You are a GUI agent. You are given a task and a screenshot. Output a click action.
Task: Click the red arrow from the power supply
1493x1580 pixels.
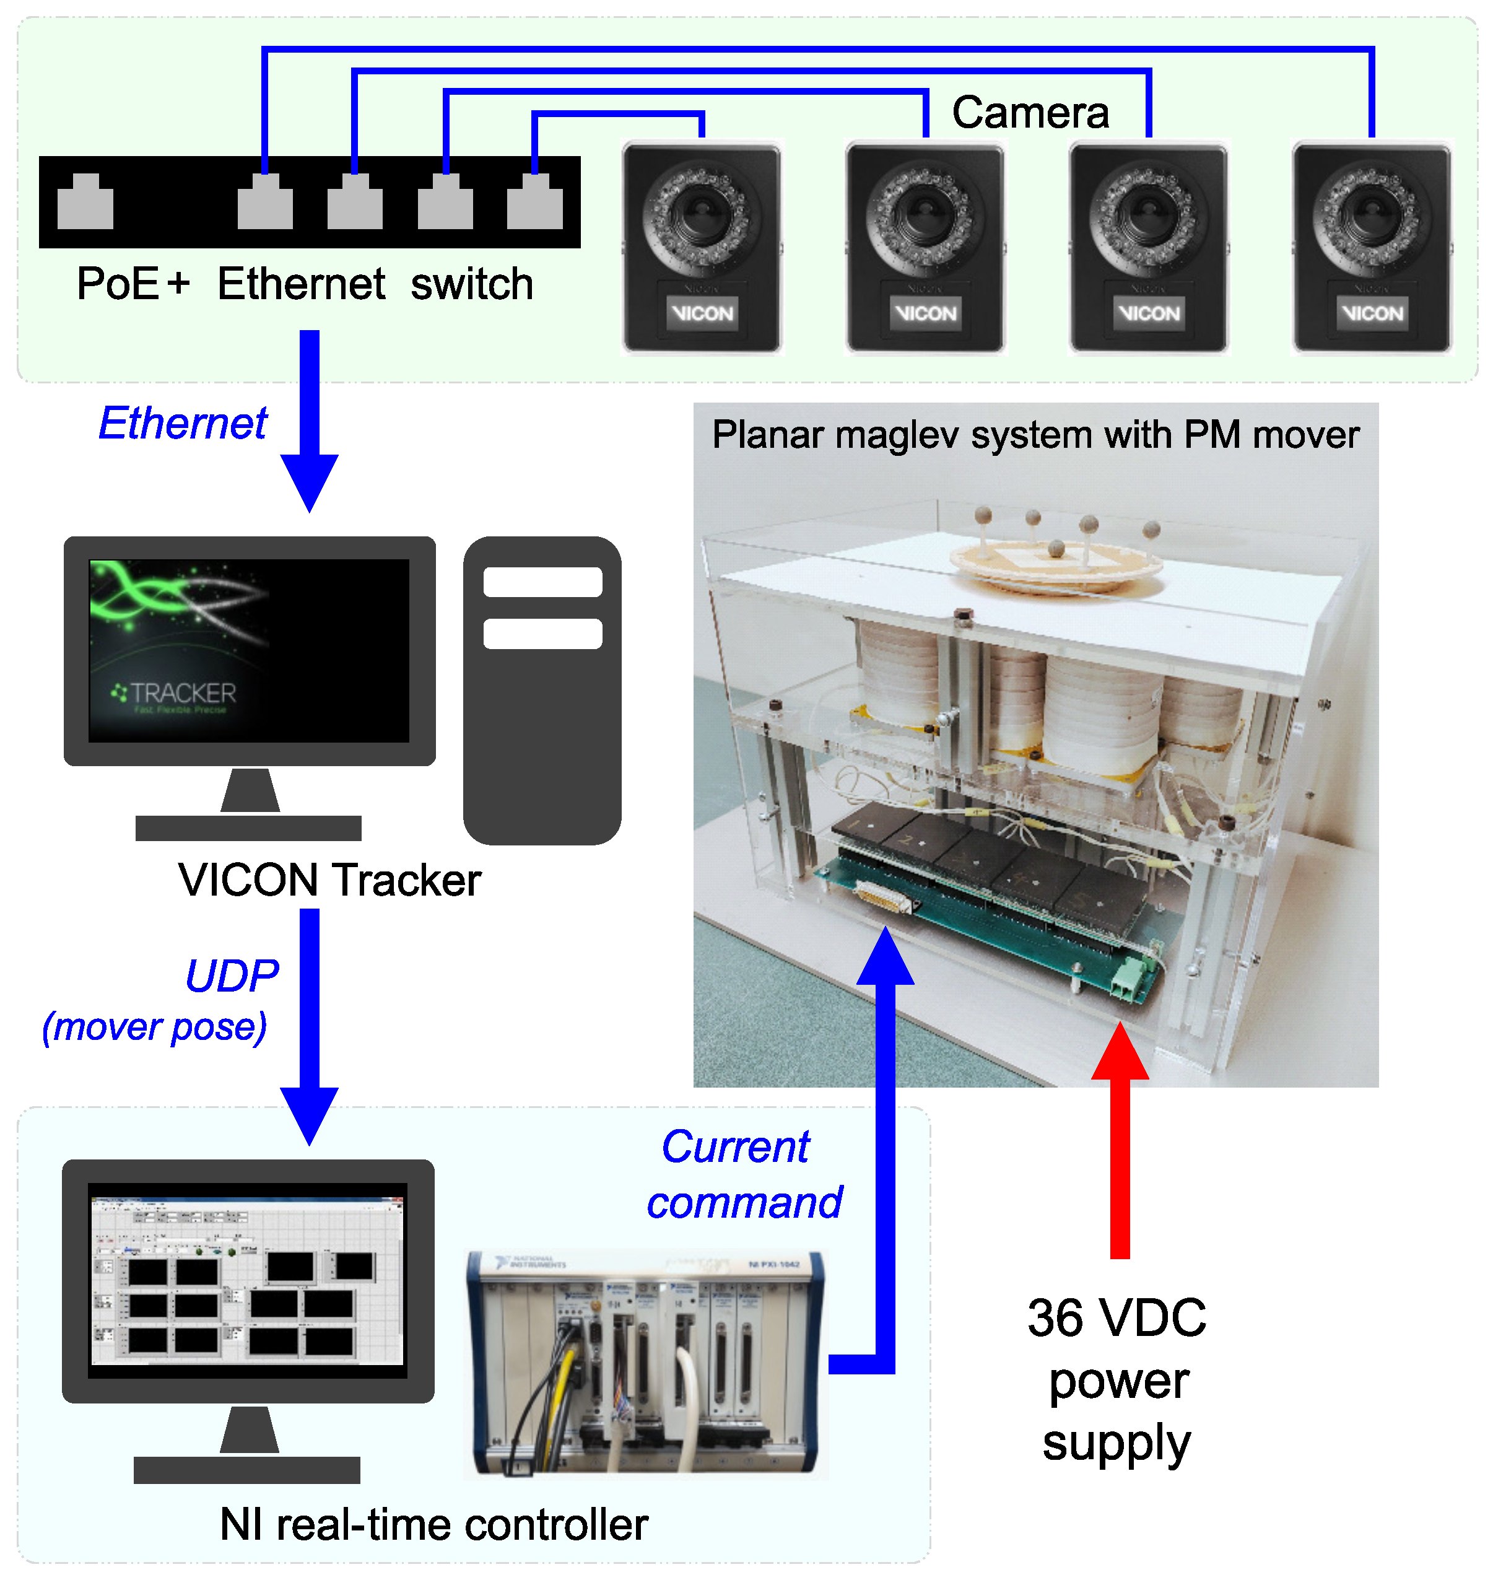tap(1120, 1154)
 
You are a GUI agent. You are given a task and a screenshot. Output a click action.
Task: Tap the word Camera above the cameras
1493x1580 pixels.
tap(1030, 112)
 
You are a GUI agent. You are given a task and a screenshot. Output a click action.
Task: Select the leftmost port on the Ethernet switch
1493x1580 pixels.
tap(85, 202)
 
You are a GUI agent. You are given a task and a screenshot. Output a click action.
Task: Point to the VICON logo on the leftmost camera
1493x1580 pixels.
tap(701, 313)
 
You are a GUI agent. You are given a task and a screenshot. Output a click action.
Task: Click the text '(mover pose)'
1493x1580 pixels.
tap(154, 1027)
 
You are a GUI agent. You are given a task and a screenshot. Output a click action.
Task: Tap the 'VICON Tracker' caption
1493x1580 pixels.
tap(329, 879)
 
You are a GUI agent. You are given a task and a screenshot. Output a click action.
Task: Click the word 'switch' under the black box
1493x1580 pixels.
tap(471, 284)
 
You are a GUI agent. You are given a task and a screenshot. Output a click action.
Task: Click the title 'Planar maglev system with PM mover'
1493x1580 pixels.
tap(1035, 435)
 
